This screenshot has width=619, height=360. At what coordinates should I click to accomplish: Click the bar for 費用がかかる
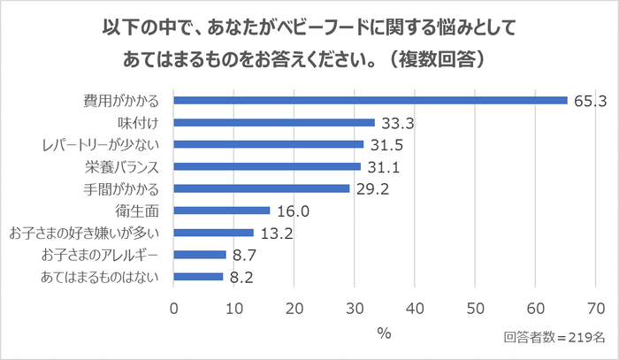point(371,100)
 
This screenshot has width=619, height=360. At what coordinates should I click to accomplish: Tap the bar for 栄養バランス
point(267,166)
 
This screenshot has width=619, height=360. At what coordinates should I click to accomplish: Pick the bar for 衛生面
point(222,211)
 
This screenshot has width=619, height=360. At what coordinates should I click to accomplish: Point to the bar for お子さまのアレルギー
point(200,255)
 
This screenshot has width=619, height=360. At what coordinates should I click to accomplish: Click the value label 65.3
point(588,101)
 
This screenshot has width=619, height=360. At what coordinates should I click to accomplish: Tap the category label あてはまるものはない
point(100,277)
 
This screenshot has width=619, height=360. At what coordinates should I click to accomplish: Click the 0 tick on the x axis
point(174,308)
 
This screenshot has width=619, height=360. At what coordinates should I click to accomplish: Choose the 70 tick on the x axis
point(595,308)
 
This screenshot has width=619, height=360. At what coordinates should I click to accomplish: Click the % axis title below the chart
point(384,333)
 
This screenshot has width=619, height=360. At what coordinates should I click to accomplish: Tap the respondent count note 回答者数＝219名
point(554,338)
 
